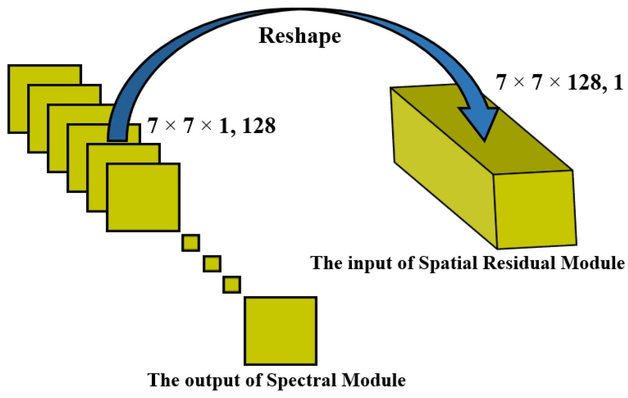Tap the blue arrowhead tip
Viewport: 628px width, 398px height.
click(484, 140)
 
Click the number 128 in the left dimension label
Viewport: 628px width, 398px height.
click(259, 126)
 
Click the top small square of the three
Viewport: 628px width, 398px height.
click(191, 243)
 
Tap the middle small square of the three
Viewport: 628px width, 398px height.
click(212, 264)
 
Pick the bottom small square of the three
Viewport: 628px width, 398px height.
click(232, 285)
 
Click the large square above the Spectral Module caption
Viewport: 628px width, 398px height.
click(281, 331)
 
